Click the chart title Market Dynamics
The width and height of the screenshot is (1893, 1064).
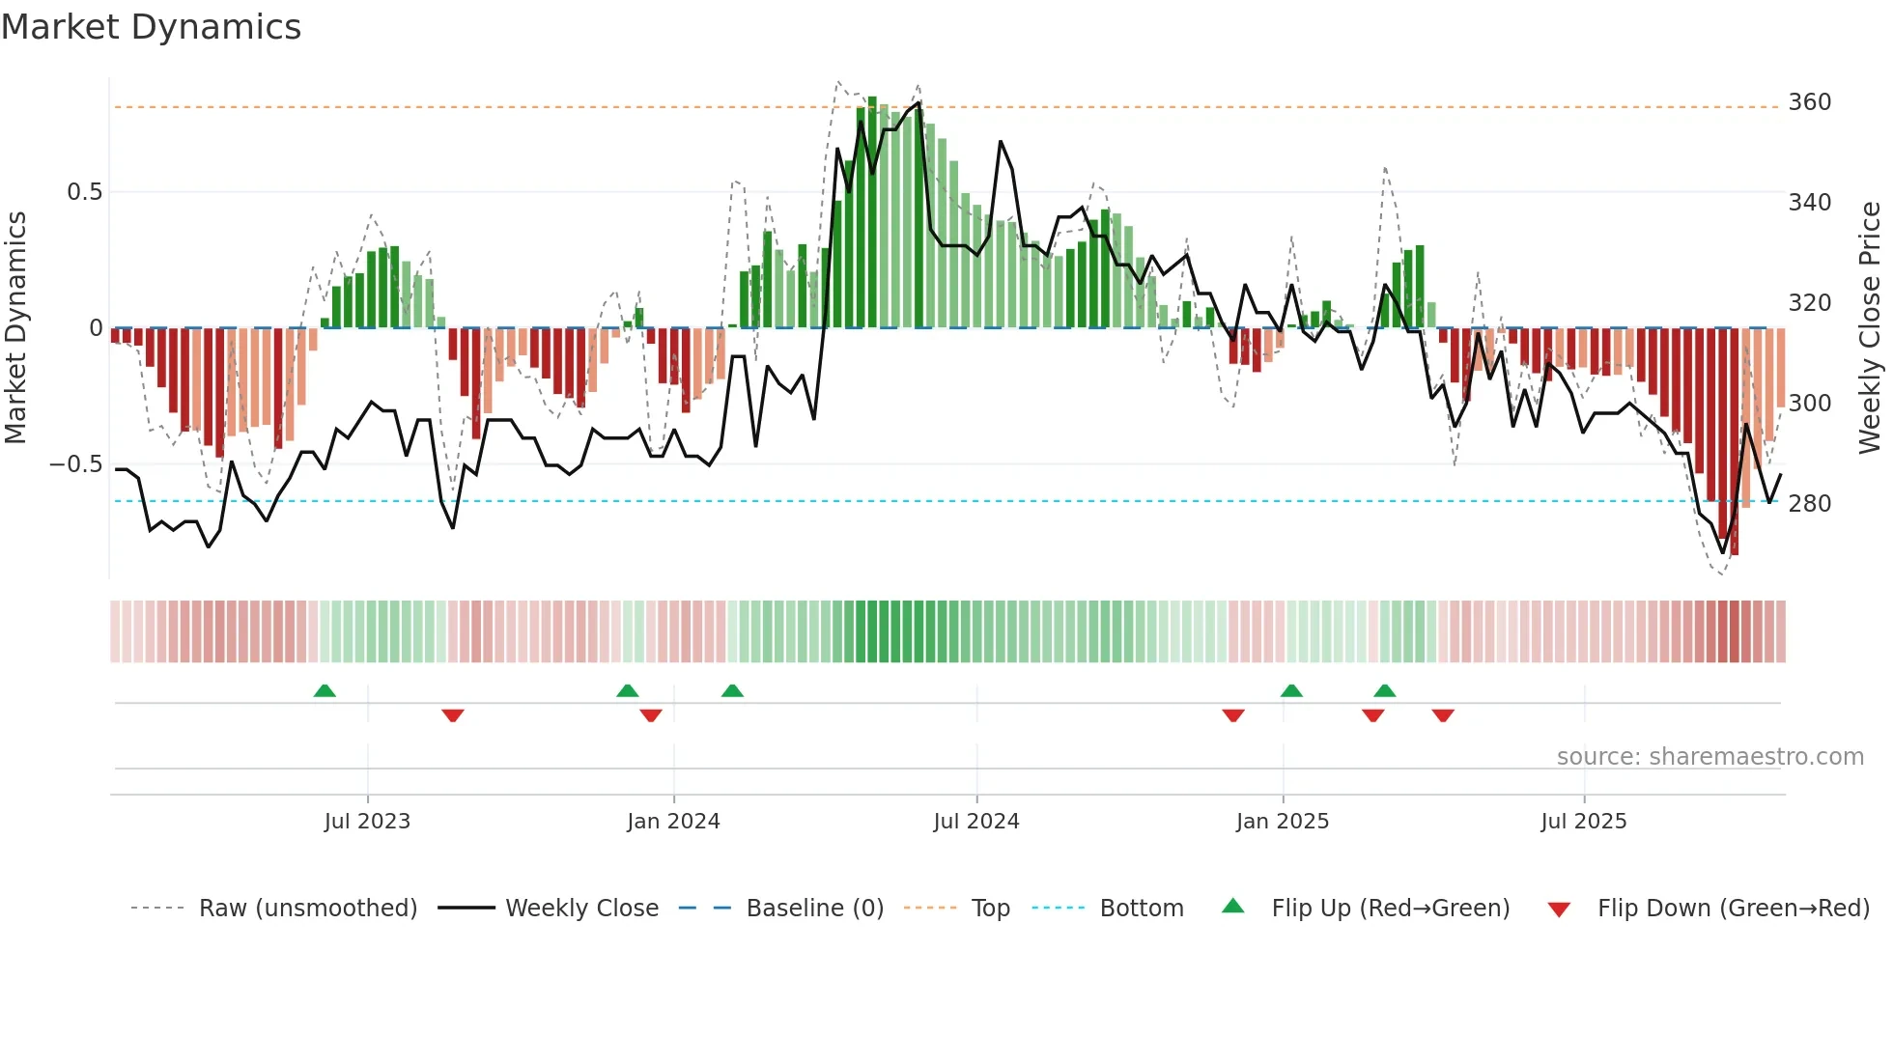tap(151, 27)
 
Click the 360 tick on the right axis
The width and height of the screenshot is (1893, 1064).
tap(1809, 102)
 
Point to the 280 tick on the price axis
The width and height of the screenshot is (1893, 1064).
tap(1809, 504)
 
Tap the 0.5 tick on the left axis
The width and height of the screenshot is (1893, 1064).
tap(84, 192)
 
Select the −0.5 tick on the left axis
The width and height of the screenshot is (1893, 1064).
tap(76, 464)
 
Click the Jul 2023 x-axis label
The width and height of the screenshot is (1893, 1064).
tap(367, 822)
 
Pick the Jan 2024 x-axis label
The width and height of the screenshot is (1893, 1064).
tap(673, 822)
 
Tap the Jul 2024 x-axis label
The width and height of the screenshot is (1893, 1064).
tap(976, 822)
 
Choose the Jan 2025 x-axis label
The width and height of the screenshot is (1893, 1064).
tap(1283, 822)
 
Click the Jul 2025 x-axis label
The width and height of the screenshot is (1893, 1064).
tap(1584, 822)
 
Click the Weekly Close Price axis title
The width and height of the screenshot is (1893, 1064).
tap(1870, 328)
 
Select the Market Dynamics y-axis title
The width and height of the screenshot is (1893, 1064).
tap(15, 328)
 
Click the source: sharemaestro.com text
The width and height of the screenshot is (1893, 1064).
tap(1709, 757)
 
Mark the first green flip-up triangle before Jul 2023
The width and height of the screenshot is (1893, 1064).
tap(325, 690)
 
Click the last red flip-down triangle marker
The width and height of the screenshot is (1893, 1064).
tap(1443, 715)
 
